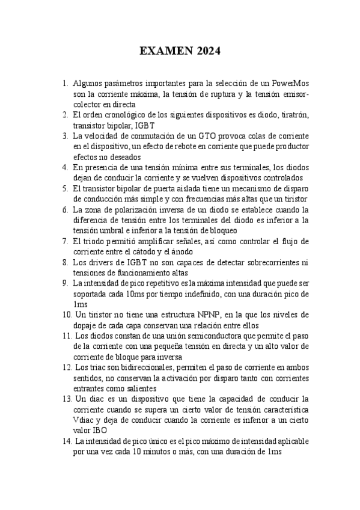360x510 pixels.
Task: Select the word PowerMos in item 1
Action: pyautogui.click(x=290, y=83)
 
